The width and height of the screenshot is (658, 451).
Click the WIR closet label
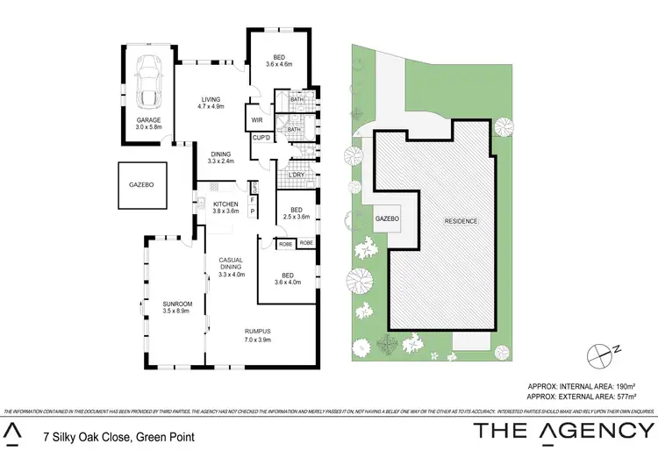click(x=258, y=120)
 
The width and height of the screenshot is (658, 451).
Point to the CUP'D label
click(x=261, y=138)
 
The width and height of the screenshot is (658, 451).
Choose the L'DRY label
click(x=297, y=176)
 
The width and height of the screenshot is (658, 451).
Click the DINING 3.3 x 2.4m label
click(x=220, y=158)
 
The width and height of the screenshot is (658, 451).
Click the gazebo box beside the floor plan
click(x=142, y=186)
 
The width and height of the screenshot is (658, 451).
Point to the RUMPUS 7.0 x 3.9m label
click(x=260, y=334)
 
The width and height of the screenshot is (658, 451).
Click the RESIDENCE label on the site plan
click(x=461, y=221)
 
